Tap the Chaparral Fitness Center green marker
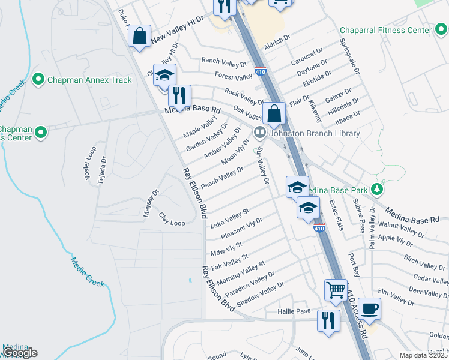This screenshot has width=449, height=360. click(441, 30)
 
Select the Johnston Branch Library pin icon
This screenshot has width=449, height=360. click(260, 132)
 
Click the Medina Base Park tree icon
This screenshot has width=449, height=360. click(377, 190)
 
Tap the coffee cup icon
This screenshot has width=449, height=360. click(370, 308)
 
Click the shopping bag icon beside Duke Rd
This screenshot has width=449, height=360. click(139, 36)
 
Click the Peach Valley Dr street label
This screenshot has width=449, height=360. click(222, 178)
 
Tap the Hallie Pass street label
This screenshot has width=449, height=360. click(294, 311)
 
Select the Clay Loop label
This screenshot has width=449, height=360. click(172, 219)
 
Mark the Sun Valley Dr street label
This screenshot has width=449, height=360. click(262, 167)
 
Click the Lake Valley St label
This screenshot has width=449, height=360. click(230, 218)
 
